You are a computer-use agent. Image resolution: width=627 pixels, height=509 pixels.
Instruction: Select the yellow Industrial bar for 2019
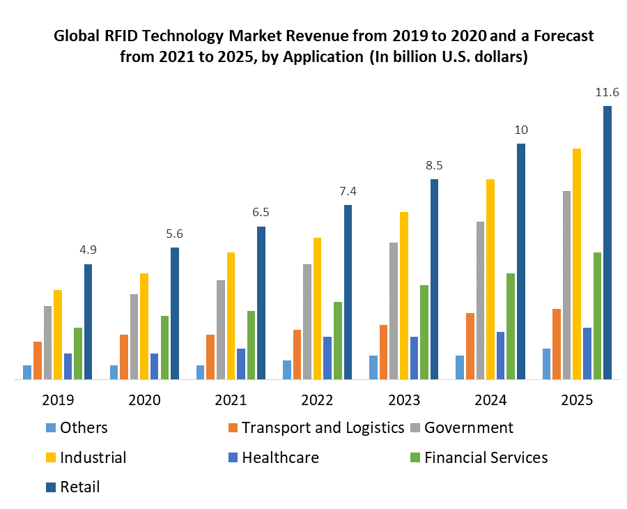(x=58, y=335)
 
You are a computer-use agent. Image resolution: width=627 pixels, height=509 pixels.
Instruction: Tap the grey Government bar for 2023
(x=394, y=311)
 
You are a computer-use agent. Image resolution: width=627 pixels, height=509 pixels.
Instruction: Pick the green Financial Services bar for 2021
(x=251, y=345)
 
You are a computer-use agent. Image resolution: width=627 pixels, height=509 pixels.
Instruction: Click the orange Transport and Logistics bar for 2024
(x=470, y=347)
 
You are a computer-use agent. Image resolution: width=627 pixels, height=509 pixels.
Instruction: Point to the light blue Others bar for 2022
(x=287, y=370)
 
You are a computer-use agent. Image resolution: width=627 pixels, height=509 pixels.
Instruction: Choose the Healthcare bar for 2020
(x=154, y=367)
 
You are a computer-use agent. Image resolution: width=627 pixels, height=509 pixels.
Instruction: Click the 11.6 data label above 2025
(x=606, y=93)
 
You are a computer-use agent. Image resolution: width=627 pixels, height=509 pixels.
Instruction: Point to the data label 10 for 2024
(x=520, y=130)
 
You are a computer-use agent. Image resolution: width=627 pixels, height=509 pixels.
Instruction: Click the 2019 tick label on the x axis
(x=58, y=400)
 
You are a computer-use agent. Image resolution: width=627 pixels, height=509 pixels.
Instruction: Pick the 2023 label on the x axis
(x=403, y=400)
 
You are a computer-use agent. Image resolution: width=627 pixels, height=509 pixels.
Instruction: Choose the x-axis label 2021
(x=231, y=400)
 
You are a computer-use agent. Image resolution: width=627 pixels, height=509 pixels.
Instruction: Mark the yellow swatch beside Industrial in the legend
(x=50, y=458)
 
